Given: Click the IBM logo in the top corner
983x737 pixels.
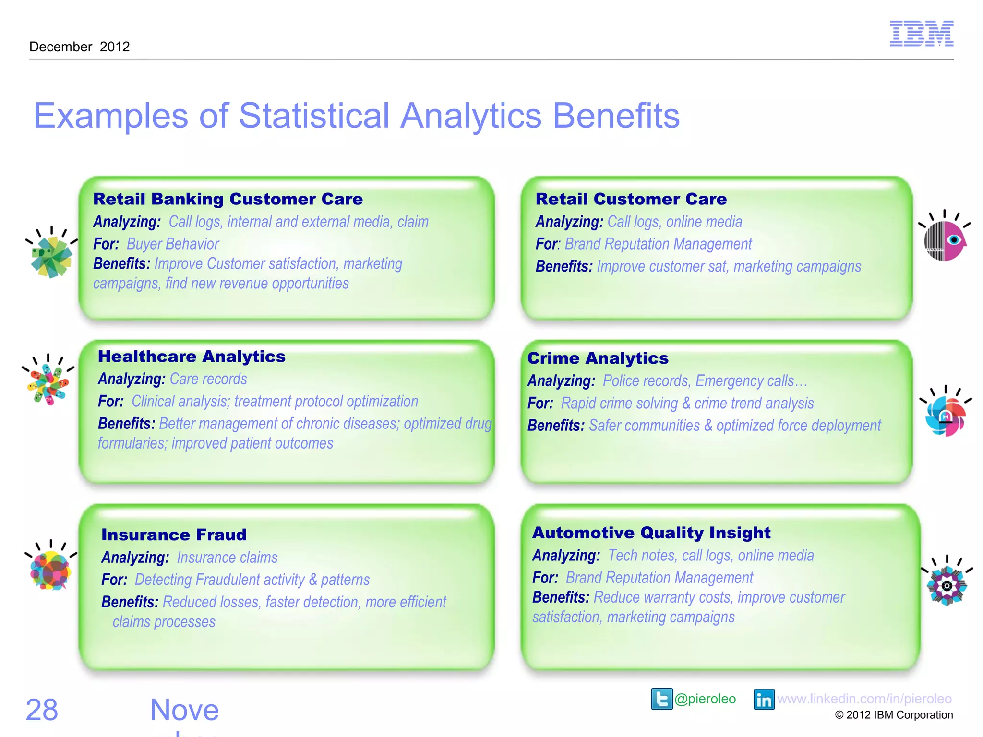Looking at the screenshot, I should click(921, 34).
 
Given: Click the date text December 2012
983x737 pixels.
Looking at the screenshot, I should click(80, 47).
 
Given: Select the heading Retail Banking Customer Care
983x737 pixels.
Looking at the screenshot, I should click(228, 199).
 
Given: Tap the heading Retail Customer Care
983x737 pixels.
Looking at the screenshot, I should click(631, 199).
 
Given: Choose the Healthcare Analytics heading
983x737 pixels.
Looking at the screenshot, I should click(192, 357).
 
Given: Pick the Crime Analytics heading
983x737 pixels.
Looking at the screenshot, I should click(598, 358).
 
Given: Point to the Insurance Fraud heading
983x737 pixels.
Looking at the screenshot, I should click(174, 535).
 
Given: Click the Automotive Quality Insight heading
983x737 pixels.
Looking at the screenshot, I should click(651, 533).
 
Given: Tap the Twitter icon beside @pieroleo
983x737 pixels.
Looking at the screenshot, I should click(662, 699).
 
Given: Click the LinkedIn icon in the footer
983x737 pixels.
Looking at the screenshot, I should click(764, 700).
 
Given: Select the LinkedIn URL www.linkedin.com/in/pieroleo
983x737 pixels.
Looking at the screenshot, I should click(864, 699).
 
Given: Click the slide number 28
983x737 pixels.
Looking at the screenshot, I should click(42, 710).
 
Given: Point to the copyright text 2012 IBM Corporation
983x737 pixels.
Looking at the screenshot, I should click(894, 715).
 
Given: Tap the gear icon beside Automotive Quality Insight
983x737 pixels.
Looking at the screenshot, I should click(947, 586).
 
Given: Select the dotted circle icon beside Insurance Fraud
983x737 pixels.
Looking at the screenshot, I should click(50, 571).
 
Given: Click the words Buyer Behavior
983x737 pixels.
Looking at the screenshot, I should click(173, 244).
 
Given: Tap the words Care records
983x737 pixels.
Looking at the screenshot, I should click(208, 379).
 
